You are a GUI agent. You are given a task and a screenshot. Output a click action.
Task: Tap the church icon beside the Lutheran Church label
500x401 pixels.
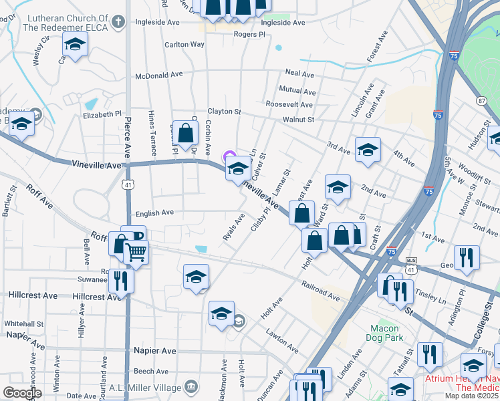pyautogui.click(x=118, y=21)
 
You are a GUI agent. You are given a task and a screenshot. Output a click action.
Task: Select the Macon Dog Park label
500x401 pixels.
pyautogui.click(x=384, y=333)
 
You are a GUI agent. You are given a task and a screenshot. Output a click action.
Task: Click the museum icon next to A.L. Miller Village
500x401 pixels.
pyautogui.click(x=191, y=387)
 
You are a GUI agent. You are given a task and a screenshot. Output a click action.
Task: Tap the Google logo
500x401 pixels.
pyautogui.click(x=22, y=393)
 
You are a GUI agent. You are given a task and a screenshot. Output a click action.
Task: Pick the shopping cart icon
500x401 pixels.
pyautogui.click(x=136, y=252)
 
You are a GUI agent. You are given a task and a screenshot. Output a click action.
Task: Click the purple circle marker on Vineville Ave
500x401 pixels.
pyautogui.click(x=228, y=157)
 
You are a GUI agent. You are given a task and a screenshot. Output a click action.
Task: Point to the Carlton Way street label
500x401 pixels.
pyautogui.click(x=184, y=45)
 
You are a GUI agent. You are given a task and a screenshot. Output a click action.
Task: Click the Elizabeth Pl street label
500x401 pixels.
pyautogui.click(x=102, y=114)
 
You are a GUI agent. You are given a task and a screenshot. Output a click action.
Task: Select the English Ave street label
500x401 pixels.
pyautogui.click(x=154, y=213)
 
